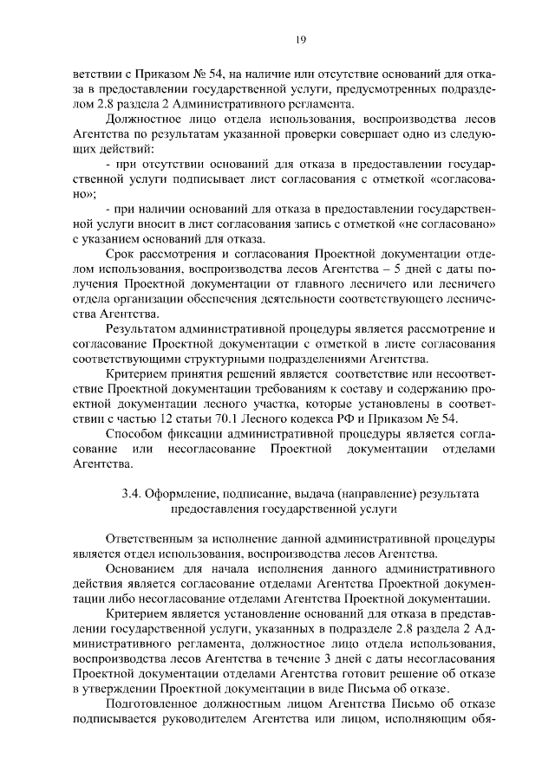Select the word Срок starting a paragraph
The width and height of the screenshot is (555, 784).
click(x=120, y=255)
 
